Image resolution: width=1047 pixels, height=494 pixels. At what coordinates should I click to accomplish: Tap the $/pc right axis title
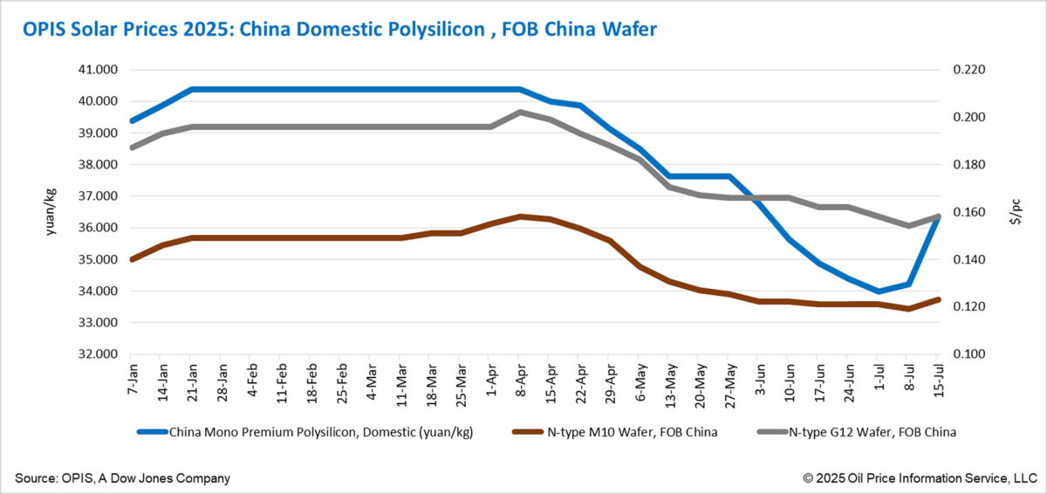[1015, 212]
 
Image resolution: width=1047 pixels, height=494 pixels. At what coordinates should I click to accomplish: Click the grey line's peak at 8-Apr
[520, 112]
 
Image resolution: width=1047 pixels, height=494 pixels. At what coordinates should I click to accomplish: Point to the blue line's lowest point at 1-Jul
[879, 292]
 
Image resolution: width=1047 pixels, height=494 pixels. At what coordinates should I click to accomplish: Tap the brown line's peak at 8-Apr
[520, 216]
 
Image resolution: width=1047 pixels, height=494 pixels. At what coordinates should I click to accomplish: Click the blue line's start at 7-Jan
[131, 120]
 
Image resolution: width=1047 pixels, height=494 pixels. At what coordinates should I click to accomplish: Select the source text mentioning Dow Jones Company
[122, 477]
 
